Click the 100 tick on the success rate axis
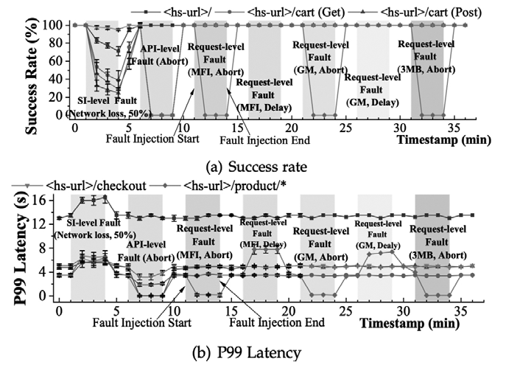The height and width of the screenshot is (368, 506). click(55, 25)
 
